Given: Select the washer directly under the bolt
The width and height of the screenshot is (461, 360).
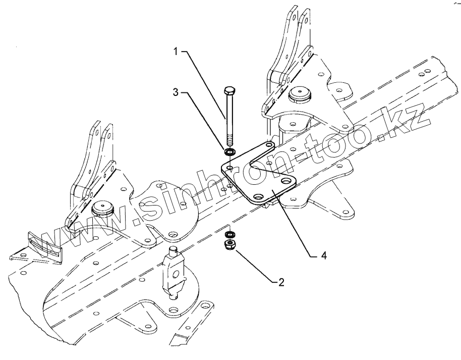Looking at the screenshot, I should pyautogui.click(x=229, y=151).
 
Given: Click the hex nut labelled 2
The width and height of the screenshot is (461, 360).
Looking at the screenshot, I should pyautogui.click(x=229, y=246).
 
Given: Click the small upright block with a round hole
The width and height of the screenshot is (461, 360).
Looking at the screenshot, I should pyautogui.click(x=174, y=273).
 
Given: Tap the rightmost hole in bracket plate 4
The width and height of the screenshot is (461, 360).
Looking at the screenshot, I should pyautogui.click(x=289, y=181).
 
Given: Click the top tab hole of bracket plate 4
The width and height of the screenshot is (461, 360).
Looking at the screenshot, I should pyautogui.click(x=270, y=146).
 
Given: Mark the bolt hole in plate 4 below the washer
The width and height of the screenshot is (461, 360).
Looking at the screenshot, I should pyautogui.click(x=229, y=166).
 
